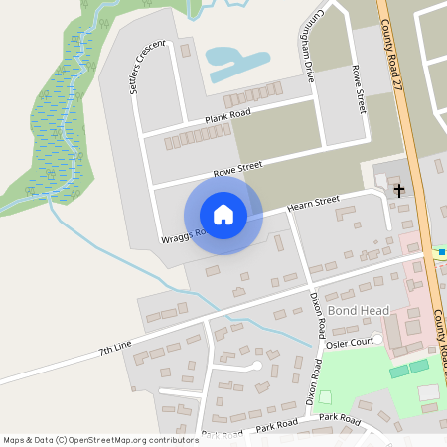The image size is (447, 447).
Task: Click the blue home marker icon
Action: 223,215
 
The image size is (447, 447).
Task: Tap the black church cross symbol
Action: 398,189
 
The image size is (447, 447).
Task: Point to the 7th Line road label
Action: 115,349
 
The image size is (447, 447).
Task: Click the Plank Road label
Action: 225,118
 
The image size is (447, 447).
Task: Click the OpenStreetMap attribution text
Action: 100,439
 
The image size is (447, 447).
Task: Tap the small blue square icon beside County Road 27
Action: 441,252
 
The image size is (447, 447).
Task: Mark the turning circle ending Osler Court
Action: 377,340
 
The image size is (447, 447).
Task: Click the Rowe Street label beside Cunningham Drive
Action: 359,88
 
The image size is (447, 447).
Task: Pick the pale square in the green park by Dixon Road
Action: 325,397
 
